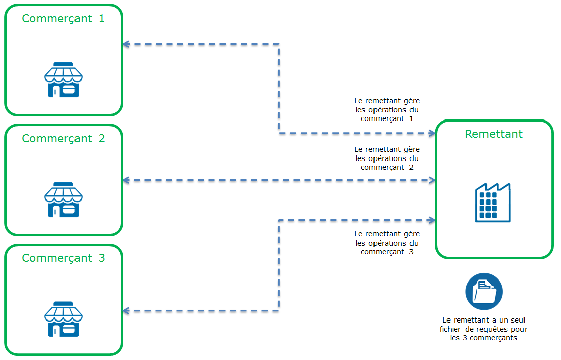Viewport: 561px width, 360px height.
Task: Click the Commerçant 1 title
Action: [x=63, y=19]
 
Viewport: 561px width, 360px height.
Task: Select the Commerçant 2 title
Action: [x=63, y=139]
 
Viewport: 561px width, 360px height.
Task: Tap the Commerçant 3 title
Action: [x=63, y=258]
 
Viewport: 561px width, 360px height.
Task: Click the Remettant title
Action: [x=494, y=134]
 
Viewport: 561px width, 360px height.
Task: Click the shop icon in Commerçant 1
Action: [x=63, y=80]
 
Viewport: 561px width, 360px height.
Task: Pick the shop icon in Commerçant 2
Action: [x=63, y=200]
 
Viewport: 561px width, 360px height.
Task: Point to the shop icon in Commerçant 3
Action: [x=63, y=319]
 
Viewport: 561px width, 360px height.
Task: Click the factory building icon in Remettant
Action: [x=493, y=203]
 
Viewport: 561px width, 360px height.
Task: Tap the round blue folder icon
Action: [x=483, y=292]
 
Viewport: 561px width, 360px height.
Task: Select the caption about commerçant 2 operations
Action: [x=387, y=158]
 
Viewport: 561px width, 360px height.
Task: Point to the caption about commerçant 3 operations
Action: [x=387, y=243]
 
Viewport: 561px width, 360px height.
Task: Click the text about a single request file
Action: [x=483, y=329]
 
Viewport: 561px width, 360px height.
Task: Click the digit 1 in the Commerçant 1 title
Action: [x=101, y=19]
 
